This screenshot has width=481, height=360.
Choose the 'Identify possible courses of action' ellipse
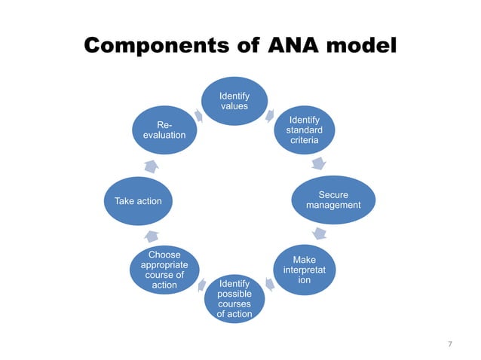pos(234,298)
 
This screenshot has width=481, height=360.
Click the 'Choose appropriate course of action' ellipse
pos(164,270)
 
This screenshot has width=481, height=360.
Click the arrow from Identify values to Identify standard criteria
pos(271,115)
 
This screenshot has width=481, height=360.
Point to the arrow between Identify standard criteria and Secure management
pos(319,163)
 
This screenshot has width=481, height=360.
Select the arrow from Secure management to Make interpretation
pos(320,233)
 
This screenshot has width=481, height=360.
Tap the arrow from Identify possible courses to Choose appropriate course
pos(201,285)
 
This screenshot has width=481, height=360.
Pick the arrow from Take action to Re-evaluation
pos(151,166)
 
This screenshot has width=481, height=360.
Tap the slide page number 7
pos(450,344)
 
